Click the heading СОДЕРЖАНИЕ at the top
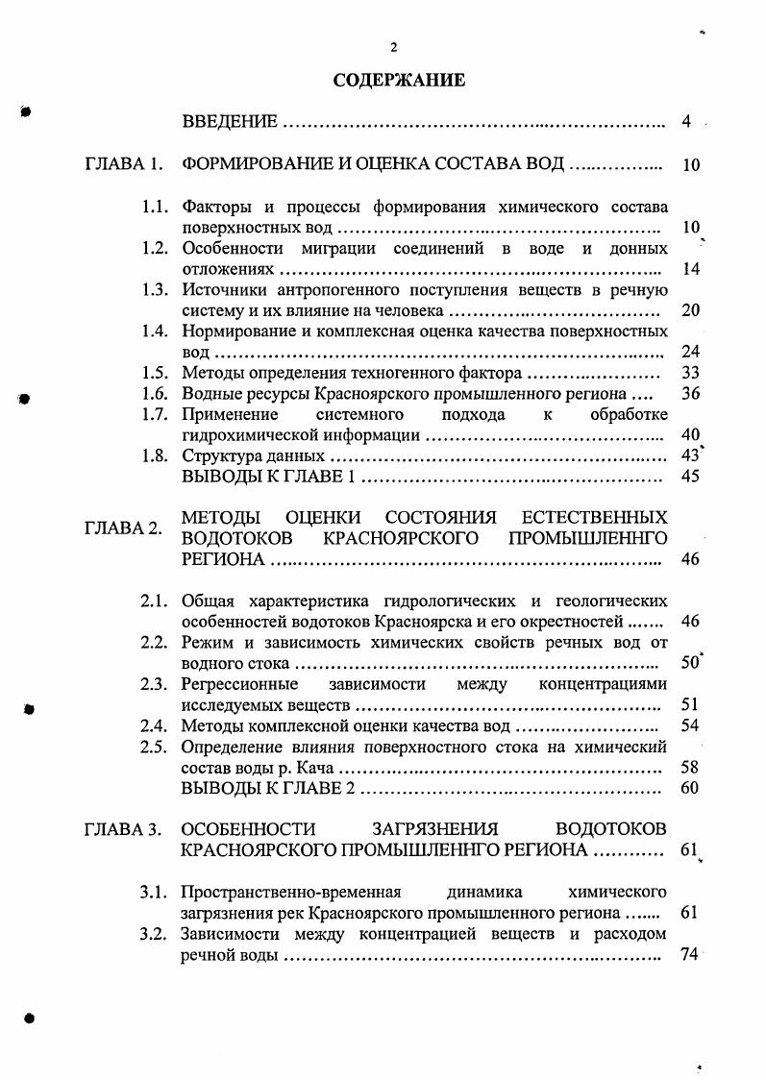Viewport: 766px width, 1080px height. [x=399, y=81]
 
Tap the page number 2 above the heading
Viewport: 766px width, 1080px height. [x=393, y=48]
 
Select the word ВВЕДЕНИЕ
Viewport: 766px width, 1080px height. [x=231, y=122]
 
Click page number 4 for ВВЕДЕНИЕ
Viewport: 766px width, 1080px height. [x=686, y=122]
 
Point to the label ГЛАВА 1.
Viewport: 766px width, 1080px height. [x=120, y=164]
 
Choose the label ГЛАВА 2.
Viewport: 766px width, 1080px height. [x=120, y=528]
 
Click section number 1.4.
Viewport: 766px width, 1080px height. [x=156, y=331]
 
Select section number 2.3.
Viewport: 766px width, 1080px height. [x=156, y=684]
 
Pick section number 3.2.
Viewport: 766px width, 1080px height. [x=156, y=934]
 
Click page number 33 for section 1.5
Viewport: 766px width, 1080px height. [x=689, y=373]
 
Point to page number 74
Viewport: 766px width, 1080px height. [x=686, y=954]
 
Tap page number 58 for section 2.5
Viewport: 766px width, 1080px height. [x=689, y=768]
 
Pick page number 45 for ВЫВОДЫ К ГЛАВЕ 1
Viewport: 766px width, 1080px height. [x=689, y=477]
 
